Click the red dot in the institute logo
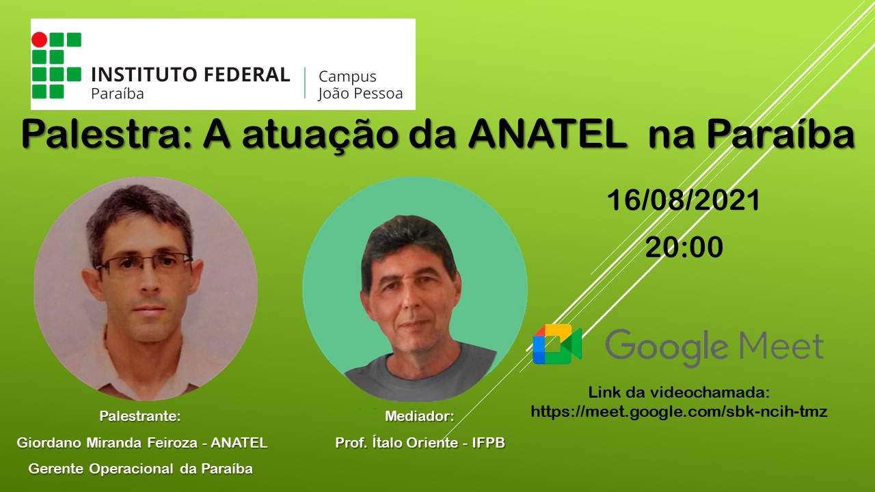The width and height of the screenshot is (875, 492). point(40,40)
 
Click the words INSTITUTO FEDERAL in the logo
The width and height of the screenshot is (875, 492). point(190,74)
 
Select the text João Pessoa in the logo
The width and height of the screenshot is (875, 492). point(360,93)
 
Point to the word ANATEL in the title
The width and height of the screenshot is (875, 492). point(548,135)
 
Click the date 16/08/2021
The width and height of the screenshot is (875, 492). point(684,201)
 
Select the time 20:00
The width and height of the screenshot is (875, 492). point(684,247)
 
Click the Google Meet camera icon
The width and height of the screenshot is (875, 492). point(557,344)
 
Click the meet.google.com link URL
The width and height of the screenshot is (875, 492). point(679,411)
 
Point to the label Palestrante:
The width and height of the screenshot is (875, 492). point(140,416)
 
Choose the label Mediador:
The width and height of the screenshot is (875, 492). point(419,416)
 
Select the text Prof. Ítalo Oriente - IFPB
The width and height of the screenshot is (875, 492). point(420,443)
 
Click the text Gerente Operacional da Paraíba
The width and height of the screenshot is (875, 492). point(140,469)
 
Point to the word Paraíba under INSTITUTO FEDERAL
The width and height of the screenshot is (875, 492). point(118,94)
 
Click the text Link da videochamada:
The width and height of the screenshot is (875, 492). point(679,393)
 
